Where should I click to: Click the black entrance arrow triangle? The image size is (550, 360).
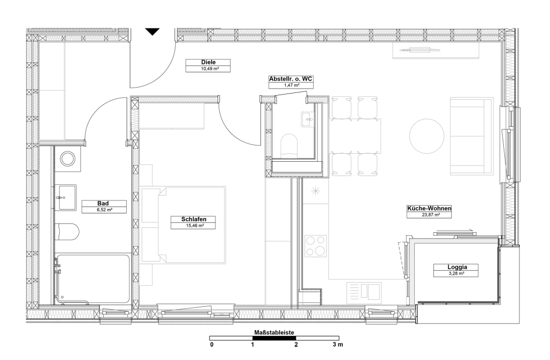pyautogui.click(x=153, y=32)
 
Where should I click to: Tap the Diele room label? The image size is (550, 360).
pyautogui.click(x=208, y=62)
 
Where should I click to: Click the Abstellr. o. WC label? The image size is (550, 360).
pyautogui.click(x=291, y=79)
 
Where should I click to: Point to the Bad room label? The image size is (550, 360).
pyautogui.click(x=103, y=203)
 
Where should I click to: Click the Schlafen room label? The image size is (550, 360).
pyautogui.click(x=193, y=219)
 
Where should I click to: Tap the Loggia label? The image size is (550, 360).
pyautogui.click(x=457, y=267)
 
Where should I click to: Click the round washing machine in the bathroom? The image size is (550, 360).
pyautogui.click(x=68, y=159)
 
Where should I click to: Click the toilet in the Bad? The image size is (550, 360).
pyautogui.click(x=67, y=232)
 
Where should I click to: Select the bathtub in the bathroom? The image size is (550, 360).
pyautogui.click(x=92, y=279)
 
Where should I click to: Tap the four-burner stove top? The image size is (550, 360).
pyautogui.click(x=316, y=246)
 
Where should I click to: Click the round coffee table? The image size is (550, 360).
pyautogui.click(x=427, y=136)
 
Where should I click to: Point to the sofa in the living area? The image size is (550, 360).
pyautogui.click(x=472, y=136)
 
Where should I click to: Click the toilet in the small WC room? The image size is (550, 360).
pyautogui.click(x=289, y=145)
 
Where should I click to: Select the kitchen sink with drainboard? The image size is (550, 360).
pyautogui.click(x=364, y=293)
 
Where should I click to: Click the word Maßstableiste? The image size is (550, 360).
pyautogui.click(x=274, y=332)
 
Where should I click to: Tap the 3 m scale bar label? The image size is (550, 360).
pyautogui.click(x=338, y=344)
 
